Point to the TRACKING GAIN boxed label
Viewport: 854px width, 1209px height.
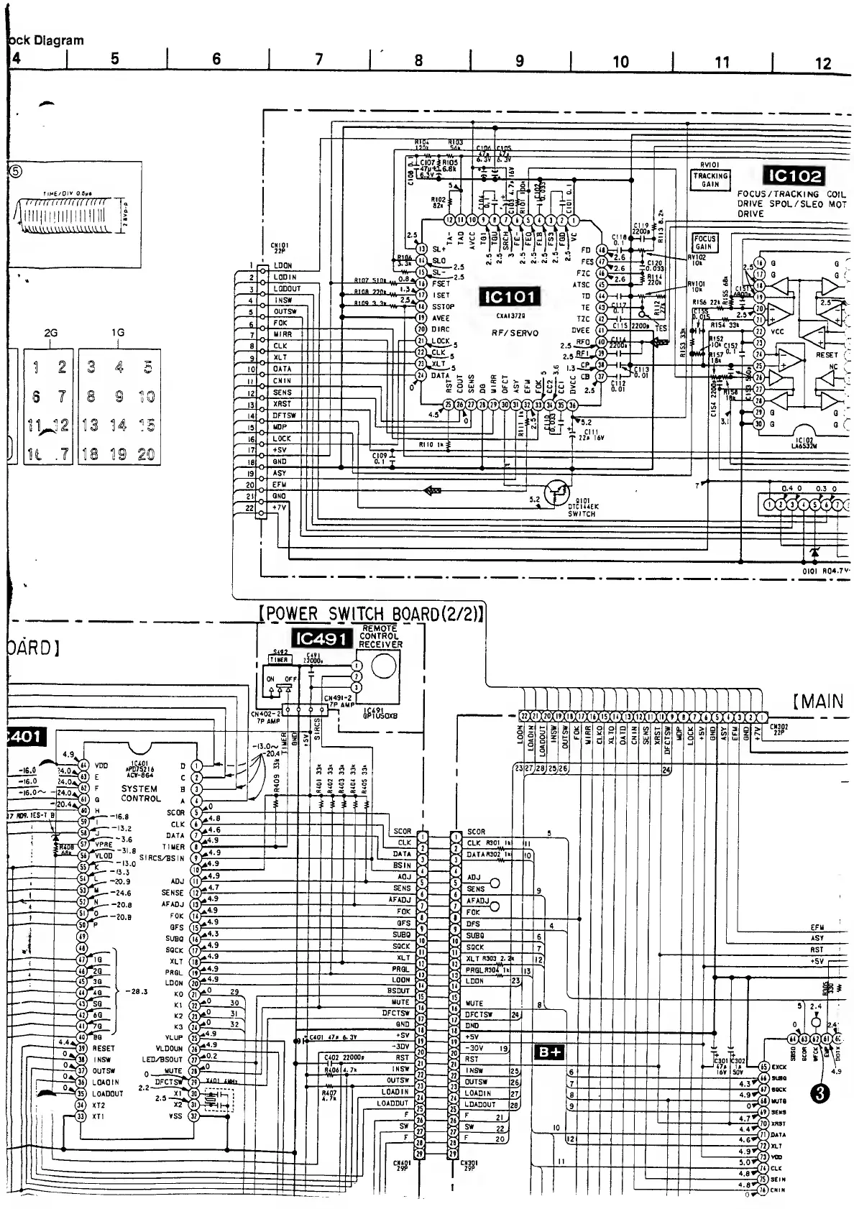click(x=710, y=179)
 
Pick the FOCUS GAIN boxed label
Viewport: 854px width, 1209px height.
click(x=704, y=242)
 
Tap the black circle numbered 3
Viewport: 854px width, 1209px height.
click(x=822, y=1093)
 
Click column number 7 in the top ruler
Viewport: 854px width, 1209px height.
click(x=319, y=60)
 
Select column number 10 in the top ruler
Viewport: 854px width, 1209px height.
click(x=620, y=62)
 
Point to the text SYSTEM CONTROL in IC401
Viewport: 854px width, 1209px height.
click(x=140, y=793)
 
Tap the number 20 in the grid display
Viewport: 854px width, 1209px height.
click(x=146, y=454)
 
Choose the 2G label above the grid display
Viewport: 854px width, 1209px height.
click(x=50, y=333)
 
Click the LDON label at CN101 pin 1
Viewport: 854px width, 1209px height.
click(x=283, y=265)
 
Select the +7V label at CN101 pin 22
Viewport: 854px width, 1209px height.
click(x=280, y=507)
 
